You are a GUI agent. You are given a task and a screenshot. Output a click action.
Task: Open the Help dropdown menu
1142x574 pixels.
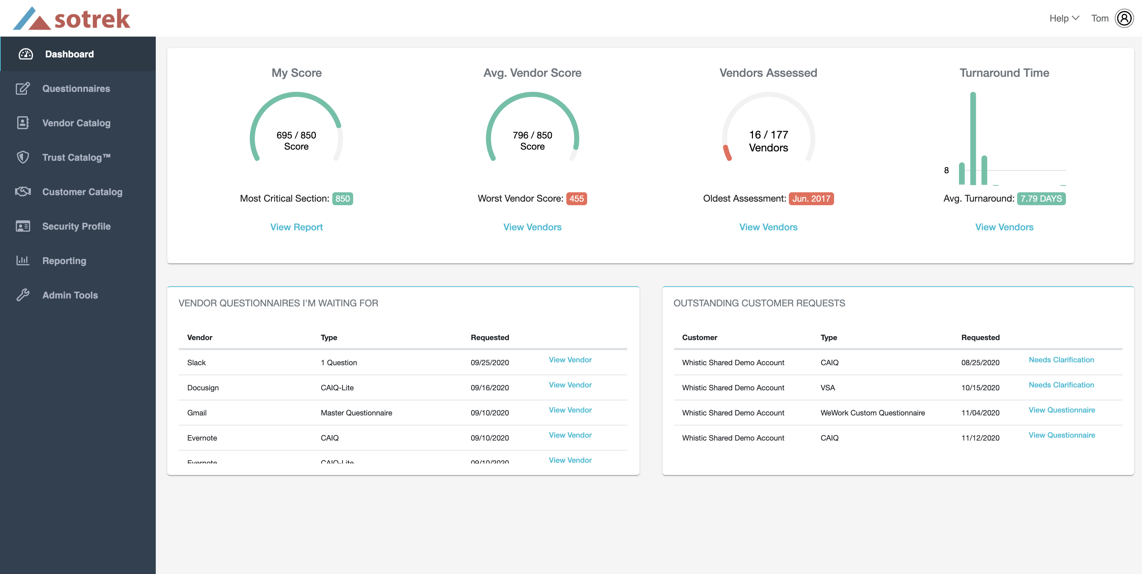(x=1063, y=18)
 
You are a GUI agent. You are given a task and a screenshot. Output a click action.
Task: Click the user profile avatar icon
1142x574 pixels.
(x=1124, y=18)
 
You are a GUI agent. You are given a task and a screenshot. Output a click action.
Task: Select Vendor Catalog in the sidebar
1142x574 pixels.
(x=76, y=123)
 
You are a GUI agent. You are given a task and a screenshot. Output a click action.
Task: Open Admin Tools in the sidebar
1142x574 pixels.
(x=70, y=295)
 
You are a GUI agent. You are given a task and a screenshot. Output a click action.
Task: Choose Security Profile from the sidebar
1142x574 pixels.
(x=76, y=226)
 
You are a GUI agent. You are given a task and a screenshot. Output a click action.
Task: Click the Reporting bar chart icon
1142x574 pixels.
(x=23, y=260)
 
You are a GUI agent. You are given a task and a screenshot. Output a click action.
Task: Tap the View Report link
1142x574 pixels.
(x=296, y=227)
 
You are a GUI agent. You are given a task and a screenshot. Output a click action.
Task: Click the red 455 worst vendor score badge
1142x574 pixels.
(x=576, y=199)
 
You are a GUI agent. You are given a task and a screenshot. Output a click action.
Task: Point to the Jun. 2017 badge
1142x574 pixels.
(x=811, y=199)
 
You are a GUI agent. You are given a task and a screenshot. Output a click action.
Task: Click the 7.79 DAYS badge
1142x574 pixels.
(x=1041, y=199)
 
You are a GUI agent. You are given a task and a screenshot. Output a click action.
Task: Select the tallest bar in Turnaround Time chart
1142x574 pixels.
(x=973, y=137)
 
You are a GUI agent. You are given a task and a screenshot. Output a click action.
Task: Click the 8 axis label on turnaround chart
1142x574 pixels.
(x=946, y=170)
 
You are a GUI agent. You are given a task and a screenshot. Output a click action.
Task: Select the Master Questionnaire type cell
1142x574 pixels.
(x=356, y=413)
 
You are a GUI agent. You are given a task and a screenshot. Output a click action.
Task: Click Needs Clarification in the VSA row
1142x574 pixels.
(x=1061, y=385)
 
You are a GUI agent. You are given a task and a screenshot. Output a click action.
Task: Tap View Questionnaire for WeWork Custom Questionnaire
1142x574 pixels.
(x=1061, y=410)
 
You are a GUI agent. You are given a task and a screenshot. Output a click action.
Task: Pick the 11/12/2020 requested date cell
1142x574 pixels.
(x=980, y=437)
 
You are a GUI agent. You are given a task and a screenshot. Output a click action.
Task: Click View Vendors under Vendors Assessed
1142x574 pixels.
(x=768, y=227)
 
